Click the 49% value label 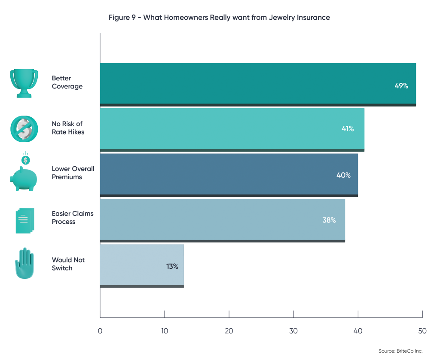coord(401,85)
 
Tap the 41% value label coord(347,128)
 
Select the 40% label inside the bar coord(343,175)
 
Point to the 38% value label coord(329,220)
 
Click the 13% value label coord(172,266)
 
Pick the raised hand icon coord(24,263)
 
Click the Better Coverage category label coord(67,82)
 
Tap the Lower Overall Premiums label coord(73,173)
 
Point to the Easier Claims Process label coord(73,217)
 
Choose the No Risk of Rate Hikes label coord(68,128)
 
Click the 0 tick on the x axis coord(100,331)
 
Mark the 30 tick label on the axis coord(293,331)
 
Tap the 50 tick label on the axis coord(422,331)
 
